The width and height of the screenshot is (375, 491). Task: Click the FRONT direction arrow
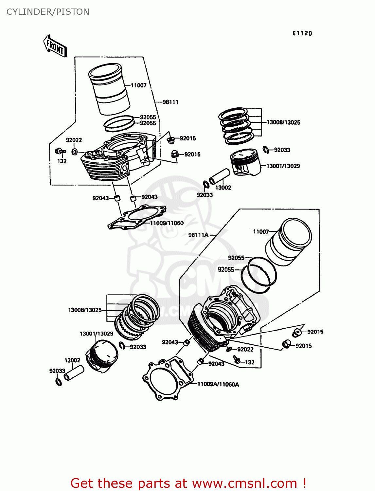tap(55, 46)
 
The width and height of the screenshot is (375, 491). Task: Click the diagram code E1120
tap(302, 33)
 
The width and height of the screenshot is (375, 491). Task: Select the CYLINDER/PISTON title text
tap(48, 12)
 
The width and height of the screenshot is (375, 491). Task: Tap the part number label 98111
tap(170, 102)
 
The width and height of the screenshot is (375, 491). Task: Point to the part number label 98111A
tap(198, 235)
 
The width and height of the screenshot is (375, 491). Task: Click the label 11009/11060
tap(167, 223)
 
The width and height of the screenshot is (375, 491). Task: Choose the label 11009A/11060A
tap(218, 384)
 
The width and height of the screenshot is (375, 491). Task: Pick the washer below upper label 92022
tap(75, 152)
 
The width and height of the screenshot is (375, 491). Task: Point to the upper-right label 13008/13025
tap(283, 122)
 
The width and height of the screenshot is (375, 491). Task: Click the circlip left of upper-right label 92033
tap(266, 150)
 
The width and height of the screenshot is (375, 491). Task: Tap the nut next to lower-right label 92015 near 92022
tap(286, 344)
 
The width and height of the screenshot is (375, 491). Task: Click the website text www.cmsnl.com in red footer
tap(244, 483)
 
